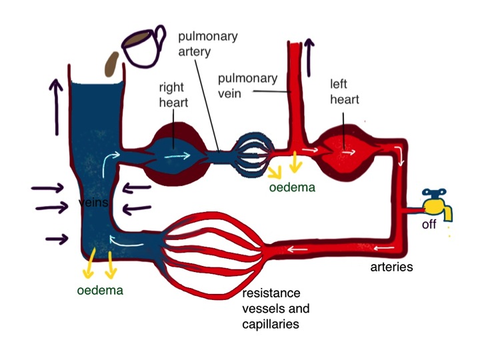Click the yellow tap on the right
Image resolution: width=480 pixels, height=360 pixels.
click(438, 203)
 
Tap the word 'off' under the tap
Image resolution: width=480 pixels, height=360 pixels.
click(429, 225)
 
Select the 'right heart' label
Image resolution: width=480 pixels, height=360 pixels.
click(173, 95)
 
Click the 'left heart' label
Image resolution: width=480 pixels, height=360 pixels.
click(344, 92)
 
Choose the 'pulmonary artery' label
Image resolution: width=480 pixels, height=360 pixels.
click(213, 43)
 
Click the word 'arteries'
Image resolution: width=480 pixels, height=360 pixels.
click(391, 267)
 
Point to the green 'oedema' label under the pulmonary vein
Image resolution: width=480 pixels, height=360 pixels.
click(293, 187)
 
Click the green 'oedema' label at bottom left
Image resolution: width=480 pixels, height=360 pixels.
click(100, 290)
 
